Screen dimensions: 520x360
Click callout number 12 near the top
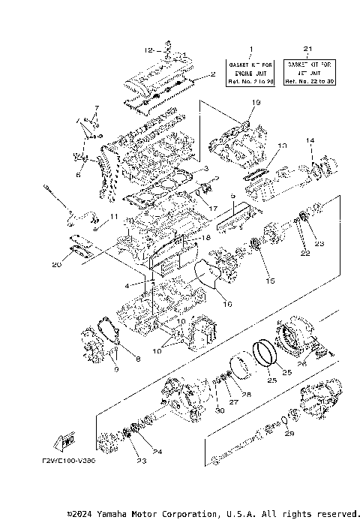[x=148, y=50]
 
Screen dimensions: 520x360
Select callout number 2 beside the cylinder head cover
[x=213, y=74]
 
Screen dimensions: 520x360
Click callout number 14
[x=310, y=140]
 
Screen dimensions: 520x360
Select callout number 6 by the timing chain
[x=77, y=175]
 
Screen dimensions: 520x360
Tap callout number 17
[x=213, y=208]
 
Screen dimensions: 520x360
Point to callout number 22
[x=305, y=254]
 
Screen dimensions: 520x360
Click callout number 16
[x=228, y=304]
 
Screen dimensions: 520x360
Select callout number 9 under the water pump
[x=115, y=368]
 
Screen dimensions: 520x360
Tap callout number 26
[x=302, y=365]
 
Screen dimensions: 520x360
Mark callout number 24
[x=157, y=452]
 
